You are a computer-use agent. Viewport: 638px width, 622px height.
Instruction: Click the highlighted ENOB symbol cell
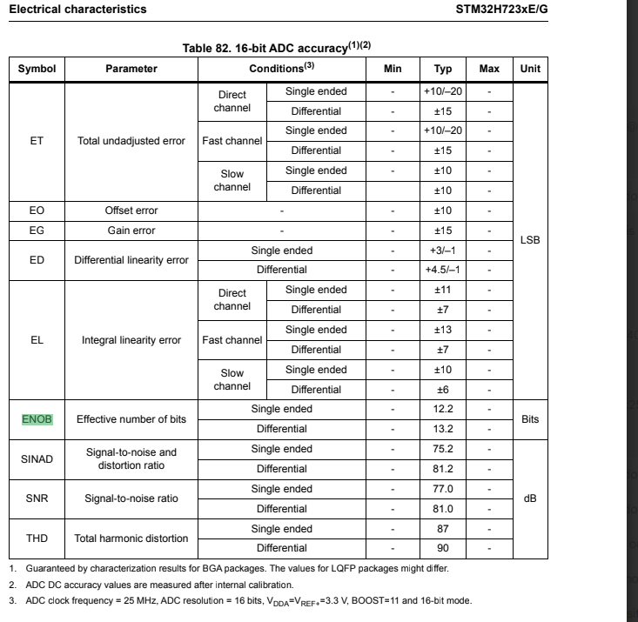(37, 419)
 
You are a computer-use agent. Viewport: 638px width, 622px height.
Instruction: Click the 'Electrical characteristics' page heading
(77, 10)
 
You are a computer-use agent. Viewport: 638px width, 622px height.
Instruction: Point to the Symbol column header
(37, 68)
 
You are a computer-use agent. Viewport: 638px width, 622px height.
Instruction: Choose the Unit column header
(529, 68)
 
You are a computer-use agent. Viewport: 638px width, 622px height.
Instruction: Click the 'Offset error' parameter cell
(131, 211)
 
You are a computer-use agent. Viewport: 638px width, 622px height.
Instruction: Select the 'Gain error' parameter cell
(131, 231)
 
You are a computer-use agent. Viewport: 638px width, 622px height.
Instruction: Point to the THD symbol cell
(37, 538)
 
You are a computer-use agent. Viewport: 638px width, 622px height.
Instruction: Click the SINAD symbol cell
(37, 459)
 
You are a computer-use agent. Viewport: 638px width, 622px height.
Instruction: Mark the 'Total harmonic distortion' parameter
(131, 538)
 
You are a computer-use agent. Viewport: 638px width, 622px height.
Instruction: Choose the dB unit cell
(529, 499)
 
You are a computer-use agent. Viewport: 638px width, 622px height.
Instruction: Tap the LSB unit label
(529, 240)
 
